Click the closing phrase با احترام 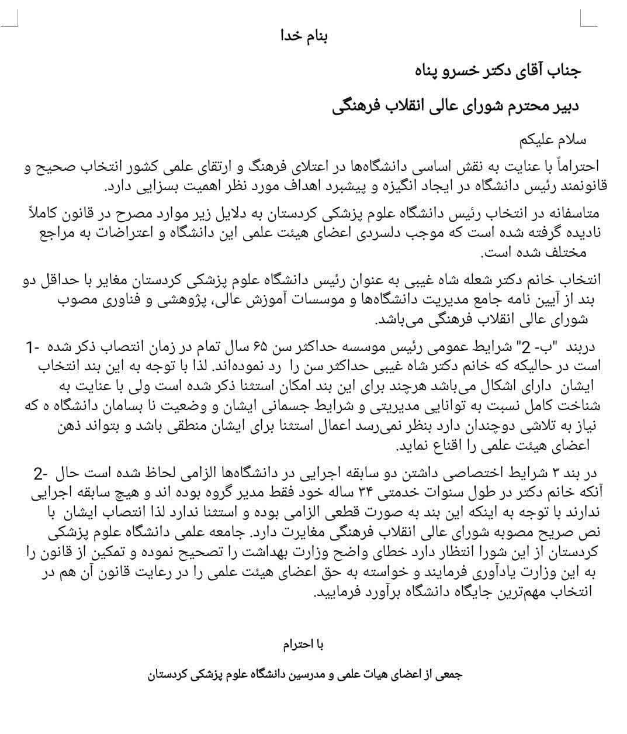coord(303,645)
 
